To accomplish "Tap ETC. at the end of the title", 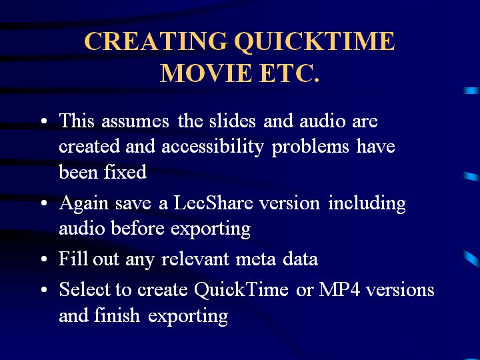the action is (x=289, y=73).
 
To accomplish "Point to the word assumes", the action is (x=135, y=121).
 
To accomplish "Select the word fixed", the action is (x=125, y=172).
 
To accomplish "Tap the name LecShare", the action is (x=213, y=203).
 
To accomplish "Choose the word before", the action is (x=137, y=229).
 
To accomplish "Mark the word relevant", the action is (x=195, y=259).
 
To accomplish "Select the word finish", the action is (x=117, y=315).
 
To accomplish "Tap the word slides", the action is (x=233, y=120).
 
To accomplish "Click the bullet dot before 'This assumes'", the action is (x=44, y=121).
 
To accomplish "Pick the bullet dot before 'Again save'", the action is (x=44, y=203).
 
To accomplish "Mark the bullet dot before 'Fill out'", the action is (x=44, y=259).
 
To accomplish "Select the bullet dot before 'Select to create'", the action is (x=44, y=289).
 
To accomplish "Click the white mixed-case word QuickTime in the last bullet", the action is (x=241, y=289).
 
